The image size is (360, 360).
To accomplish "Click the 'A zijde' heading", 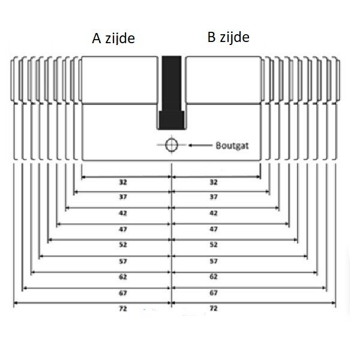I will [x=113, y=39].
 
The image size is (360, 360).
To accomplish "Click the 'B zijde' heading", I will [x=228, y=37].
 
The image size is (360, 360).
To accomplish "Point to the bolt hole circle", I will [x=172, y=145].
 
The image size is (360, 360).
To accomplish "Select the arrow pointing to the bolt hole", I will [x=198, y=145].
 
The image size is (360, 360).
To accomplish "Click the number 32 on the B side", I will [x=213, y=181].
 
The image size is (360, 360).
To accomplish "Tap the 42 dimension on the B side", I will [x=213, y=213].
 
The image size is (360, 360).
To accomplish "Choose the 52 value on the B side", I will [x=213, y=245].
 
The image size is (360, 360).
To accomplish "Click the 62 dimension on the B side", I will [x=213, y=277].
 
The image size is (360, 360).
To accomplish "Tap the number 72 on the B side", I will [x=213, y=308].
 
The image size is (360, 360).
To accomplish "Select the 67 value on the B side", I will [x=213, y=293].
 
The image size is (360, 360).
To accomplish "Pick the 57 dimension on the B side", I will [x=213, y=261].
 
